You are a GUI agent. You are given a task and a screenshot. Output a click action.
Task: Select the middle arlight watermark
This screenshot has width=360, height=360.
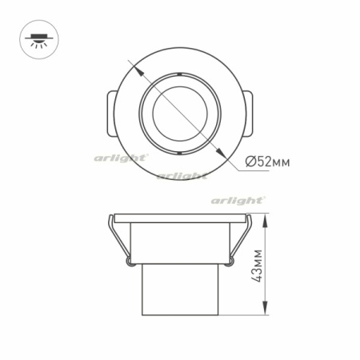click(x=182, y=175)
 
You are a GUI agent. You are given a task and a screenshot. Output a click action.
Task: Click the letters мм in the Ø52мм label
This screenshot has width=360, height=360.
click(x=279, y=162)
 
